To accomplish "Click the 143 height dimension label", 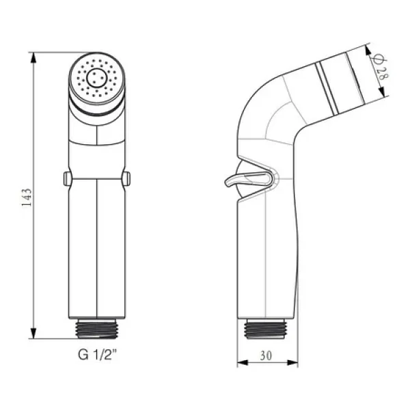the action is [x=27, y=197].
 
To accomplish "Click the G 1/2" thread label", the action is [x=97, y=355].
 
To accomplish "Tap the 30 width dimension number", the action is [x=266, y=355].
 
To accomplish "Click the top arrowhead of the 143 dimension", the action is [x=33, y=57].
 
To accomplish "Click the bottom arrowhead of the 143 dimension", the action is [x=33, y=333].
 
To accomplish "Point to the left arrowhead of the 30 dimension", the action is [x=243, y=363].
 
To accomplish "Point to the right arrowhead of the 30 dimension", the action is [x=292, y=363].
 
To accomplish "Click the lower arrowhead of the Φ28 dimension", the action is [x=382, y=91].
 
